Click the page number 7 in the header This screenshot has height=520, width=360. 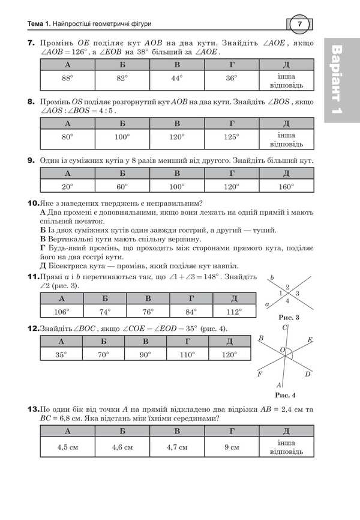pos(299,24)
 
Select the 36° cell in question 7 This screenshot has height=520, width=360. pos(232,78)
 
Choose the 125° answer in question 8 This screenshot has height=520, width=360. pos(232,138)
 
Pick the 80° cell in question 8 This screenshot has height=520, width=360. pos(67,138)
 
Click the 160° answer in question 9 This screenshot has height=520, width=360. pos(286,187)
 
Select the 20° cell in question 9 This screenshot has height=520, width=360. pos(67,187)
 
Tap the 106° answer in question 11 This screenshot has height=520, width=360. pos(61,312)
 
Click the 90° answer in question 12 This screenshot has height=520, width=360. pos(145,355)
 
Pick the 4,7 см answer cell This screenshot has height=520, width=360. pos(176,447)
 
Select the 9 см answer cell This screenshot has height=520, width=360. pos(232,447)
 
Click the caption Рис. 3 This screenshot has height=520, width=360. pos(285,317)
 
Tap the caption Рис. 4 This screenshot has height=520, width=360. pos(285,395)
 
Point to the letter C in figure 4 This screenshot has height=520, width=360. pos(284,327)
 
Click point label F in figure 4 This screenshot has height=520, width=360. pos(260,373)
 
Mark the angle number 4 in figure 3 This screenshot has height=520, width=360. pos(287,300)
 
